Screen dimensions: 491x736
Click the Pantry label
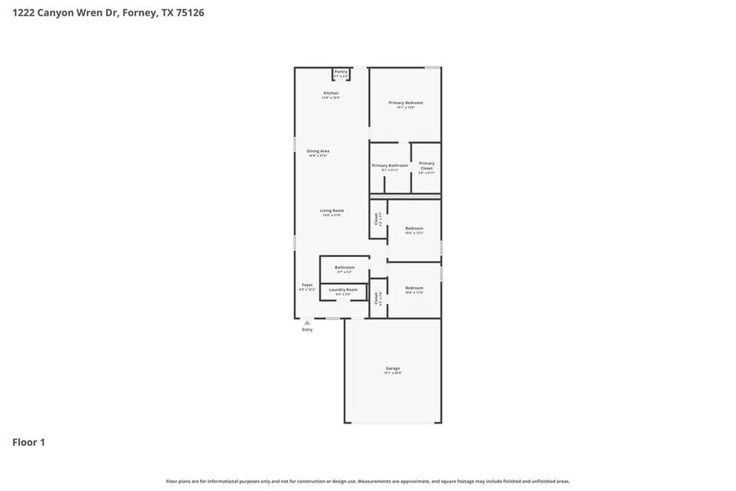point(340,72)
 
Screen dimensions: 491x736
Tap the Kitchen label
point(330,93)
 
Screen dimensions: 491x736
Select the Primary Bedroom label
point(406,103)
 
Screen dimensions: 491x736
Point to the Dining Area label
point(318,151)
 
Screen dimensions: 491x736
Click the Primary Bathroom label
point(390,165)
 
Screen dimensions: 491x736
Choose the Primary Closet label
point(426,165)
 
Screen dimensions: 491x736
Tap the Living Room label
point(332,210)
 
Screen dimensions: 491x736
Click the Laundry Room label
point(346,290)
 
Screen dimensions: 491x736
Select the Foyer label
point(307,285)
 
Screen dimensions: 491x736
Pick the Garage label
point(392,368)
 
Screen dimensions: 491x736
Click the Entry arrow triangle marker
point(307,321)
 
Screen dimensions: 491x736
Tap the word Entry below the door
point(307,330)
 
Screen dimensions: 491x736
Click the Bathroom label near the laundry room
point(345,267)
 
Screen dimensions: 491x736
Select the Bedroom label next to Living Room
point(414,228)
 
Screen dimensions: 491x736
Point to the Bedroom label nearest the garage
point(414,288)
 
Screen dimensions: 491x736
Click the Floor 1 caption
point(28,442)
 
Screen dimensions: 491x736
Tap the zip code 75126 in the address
point(188,13)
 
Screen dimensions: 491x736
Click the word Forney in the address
point(139,13)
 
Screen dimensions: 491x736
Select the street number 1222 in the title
point(23,13)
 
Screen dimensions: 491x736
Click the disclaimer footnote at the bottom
point(368,482)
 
